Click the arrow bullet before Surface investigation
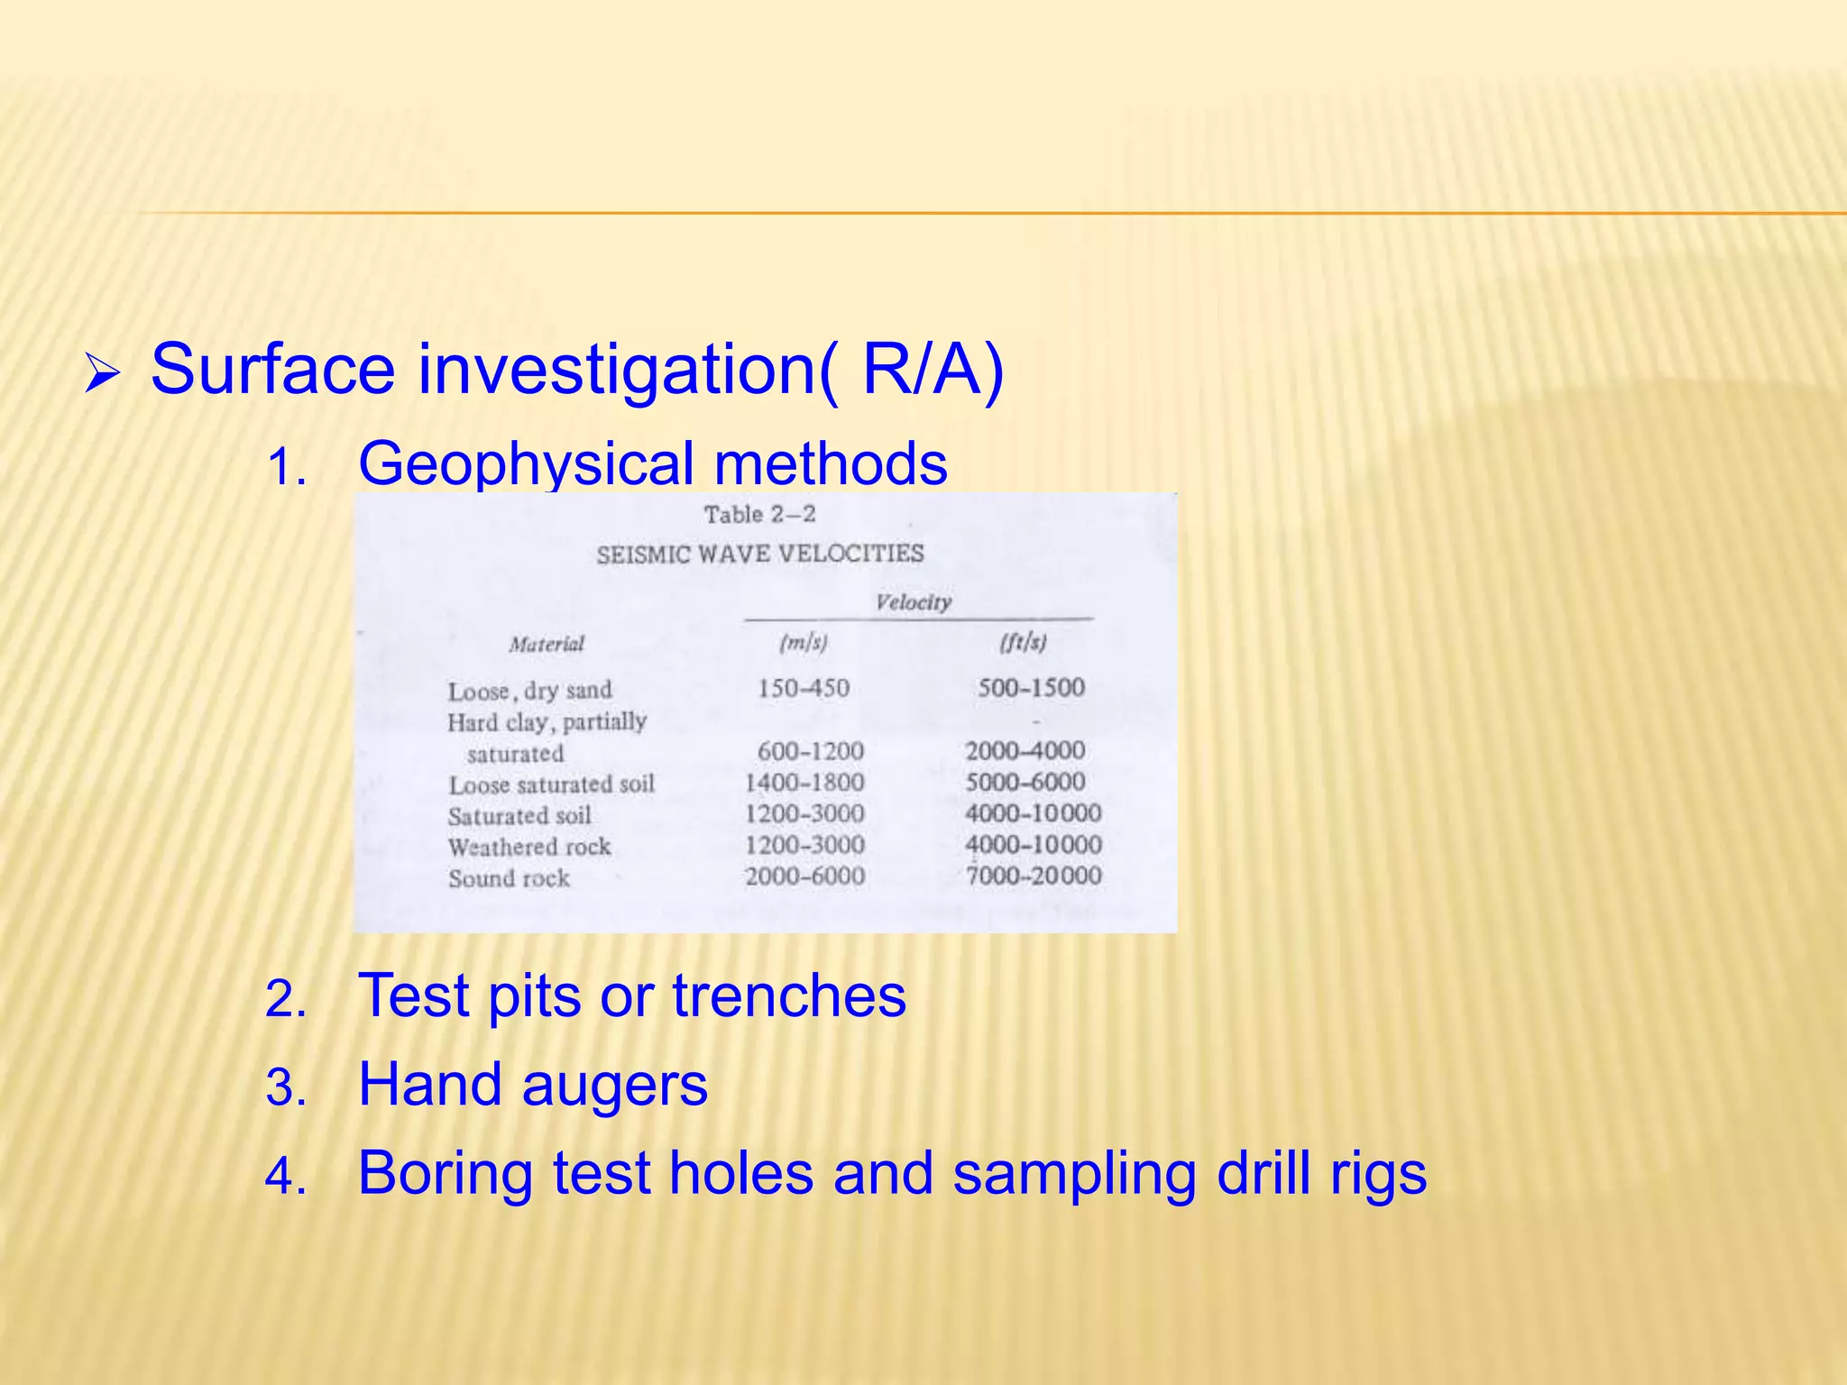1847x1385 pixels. pos(102,373)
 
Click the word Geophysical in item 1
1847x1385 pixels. pos(524,463)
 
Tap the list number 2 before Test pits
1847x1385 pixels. pos(286,1000)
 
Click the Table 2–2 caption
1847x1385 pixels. pos(759,515)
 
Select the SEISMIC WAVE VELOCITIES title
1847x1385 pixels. pos(759,553)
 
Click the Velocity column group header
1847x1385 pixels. pos(913,602)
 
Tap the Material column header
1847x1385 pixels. pos(547,644)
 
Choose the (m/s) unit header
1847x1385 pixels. pos(803,643)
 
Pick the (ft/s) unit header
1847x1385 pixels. pos(1023,643)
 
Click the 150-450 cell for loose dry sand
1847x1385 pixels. pos(803,689)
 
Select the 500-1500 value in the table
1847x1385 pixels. pos(1031,688)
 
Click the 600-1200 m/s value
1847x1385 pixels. pos(810,751)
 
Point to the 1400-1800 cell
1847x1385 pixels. pos(804,783)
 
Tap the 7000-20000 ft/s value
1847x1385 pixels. pos(1034,876)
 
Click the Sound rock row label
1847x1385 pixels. pos(509,878)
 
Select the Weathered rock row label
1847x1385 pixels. pos(529,848)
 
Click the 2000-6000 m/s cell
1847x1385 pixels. pos(804,876)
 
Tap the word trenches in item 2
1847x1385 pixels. pos(788,997)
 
